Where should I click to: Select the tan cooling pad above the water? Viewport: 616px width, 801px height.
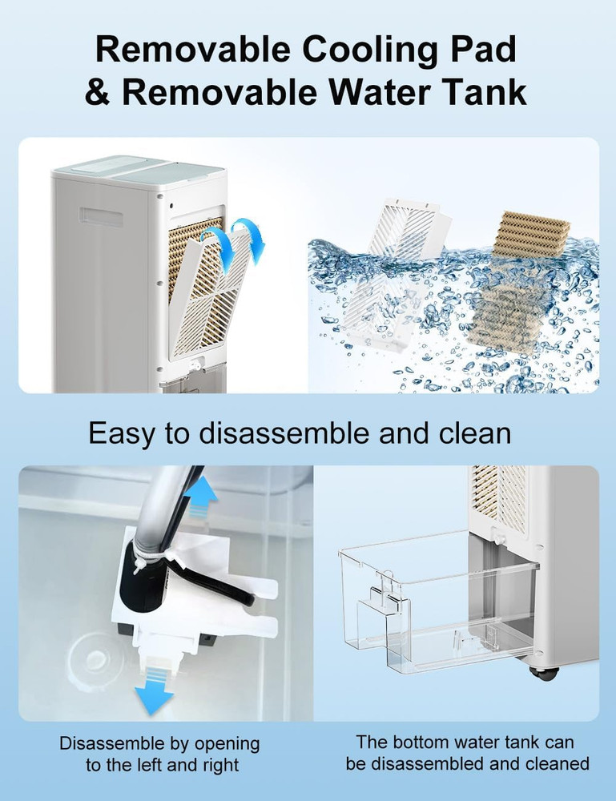531,235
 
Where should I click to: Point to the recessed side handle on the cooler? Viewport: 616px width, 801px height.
101,216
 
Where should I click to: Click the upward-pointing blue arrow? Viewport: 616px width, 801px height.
200,496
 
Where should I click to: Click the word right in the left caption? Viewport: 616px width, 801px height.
217,765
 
